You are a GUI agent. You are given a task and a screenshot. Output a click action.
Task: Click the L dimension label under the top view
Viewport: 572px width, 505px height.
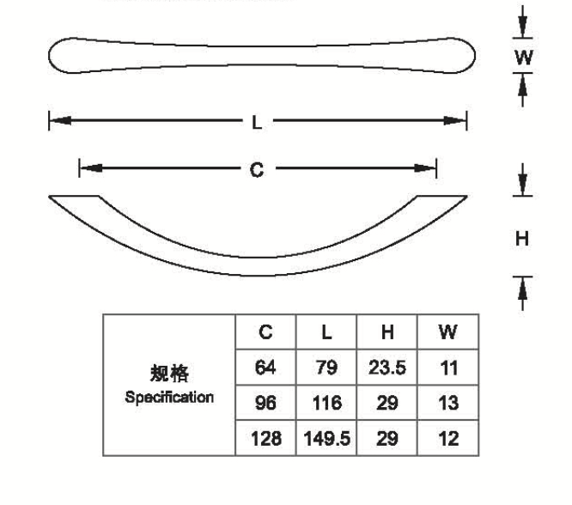[257, 122]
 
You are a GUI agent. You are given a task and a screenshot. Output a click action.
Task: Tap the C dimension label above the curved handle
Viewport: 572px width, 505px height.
[256, 170]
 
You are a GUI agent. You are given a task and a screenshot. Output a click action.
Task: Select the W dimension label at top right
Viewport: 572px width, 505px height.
[523, 58]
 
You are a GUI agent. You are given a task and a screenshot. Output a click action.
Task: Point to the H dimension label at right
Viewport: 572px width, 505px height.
[522, 239]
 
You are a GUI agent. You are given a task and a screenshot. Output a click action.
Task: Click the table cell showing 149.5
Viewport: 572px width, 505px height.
[327, 439]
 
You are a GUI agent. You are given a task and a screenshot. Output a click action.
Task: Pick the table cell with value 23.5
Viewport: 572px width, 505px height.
[386, 368]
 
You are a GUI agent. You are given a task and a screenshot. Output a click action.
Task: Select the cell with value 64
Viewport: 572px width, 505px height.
[266, 368]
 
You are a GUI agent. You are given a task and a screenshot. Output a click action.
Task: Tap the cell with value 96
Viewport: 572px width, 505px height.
[266, 404]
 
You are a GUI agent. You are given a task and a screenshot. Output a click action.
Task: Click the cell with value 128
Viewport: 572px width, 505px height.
[266, 439]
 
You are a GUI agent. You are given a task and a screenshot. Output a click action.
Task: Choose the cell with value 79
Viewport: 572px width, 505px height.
[327, 368]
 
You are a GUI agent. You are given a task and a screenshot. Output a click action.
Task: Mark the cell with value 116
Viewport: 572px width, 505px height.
[327, 404]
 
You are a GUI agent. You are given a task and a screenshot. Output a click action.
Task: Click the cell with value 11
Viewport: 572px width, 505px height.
[447, 368]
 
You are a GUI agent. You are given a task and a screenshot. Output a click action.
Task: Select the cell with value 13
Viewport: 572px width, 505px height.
[447, 404]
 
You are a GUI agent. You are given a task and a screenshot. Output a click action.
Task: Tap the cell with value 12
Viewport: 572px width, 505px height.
[447, 439]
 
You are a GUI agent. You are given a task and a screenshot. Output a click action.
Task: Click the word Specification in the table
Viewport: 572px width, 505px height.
[169, 398]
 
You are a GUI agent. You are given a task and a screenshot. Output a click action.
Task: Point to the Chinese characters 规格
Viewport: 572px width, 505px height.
[169, 374]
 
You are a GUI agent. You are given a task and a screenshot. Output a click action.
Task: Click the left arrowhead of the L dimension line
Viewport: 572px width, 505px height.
[56, 121]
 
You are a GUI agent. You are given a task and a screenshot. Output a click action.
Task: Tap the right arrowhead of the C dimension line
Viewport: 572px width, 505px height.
[429, 169]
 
